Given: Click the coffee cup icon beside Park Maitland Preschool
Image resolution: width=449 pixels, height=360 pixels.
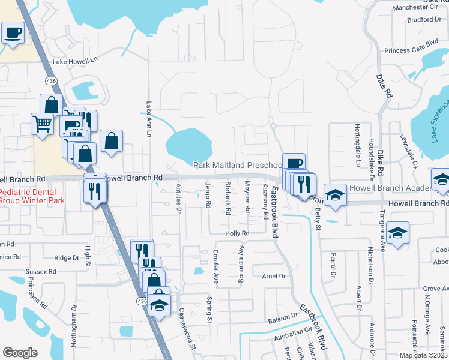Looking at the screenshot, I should pos(294,163).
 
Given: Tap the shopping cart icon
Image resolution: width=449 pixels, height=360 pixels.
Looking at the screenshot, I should pos(42,124).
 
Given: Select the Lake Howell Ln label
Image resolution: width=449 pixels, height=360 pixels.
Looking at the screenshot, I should pos(75,61).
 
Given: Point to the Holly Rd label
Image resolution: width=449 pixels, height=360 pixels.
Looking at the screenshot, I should pos(237,233).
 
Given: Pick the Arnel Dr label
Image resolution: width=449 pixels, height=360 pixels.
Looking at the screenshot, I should pos(273,276).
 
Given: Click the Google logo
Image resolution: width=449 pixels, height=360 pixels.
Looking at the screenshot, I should pos(20,353).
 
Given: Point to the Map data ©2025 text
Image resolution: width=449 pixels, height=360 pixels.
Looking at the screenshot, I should pos(423,355).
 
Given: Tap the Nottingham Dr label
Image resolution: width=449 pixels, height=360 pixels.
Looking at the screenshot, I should pos(75,317).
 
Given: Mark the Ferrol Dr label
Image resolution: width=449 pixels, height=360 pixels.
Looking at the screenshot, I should pos(332,266).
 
